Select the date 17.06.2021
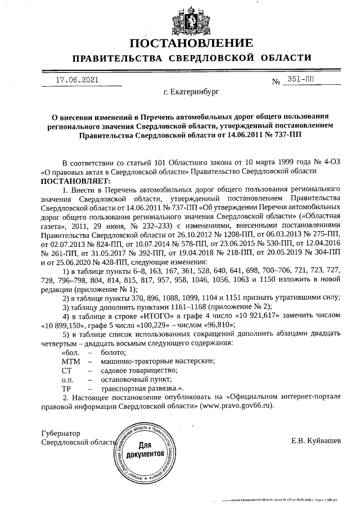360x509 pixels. pyautogui.click(x=78, y=80)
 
